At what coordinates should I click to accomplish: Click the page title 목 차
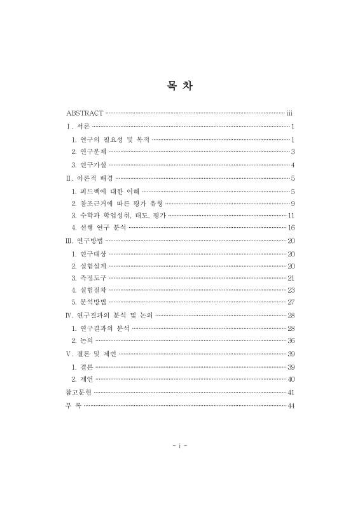pos(179,87)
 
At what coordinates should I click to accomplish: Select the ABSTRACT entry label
pos(85,113)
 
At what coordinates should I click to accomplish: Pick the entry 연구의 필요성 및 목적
pos(111,139)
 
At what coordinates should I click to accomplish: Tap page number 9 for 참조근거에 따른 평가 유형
pos(292,204)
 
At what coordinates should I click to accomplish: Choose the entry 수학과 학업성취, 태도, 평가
pos(119,216)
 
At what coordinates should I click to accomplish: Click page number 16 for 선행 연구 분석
pos(291,228)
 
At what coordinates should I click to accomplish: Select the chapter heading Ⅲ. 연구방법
pos(85,241)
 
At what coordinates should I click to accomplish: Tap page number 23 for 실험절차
pos(291,290)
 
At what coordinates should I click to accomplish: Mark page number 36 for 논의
pos(291,341)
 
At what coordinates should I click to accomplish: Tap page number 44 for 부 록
pos(291,406)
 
